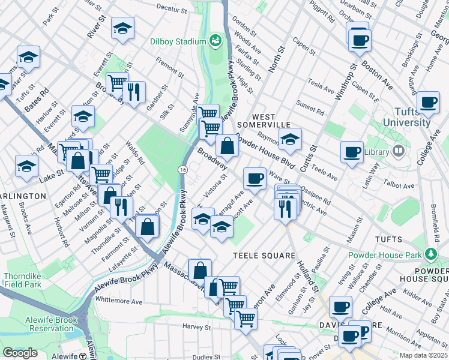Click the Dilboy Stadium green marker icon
coord(215,41)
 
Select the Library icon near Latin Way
coord(397,151)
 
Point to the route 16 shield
coord(181,170)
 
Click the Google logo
coord(20,352)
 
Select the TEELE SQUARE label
coord(264,256)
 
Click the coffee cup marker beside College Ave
coord(428,103)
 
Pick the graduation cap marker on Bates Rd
coord(28,57)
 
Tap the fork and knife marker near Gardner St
coord(134,92)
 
